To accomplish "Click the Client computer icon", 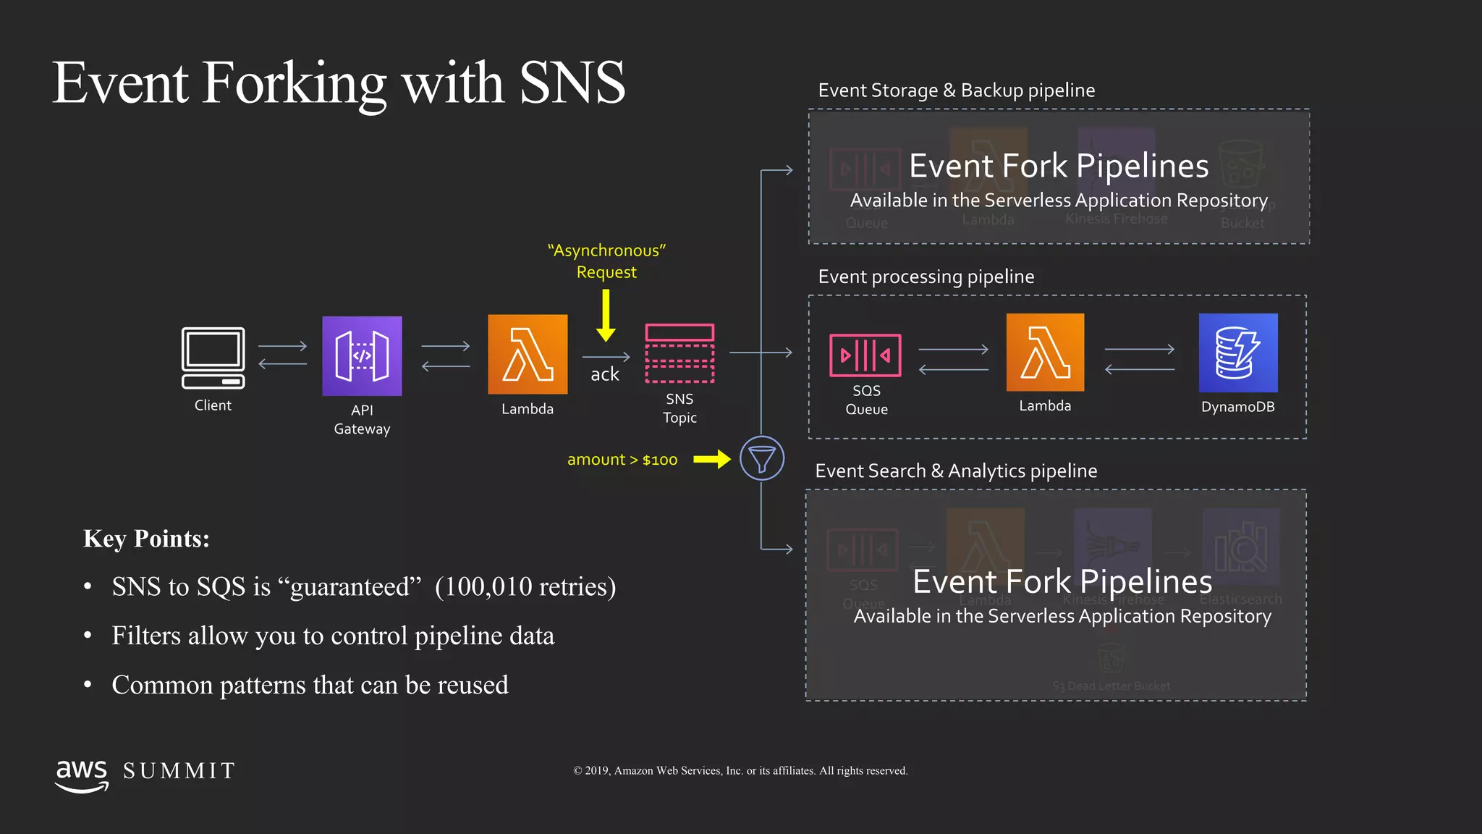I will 213,358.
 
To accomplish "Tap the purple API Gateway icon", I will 362,356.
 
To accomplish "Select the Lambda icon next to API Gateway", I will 528,354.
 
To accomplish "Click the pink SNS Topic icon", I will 679,353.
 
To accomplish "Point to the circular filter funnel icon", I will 762,458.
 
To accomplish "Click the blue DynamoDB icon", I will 1238,353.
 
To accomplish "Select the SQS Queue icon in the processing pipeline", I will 865,355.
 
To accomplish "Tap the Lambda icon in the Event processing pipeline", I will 1045,353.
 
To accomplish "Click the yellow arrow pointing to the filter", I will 712,459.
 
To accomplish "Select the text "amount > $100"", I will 622,460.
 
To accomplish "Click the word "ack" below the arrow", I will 605,374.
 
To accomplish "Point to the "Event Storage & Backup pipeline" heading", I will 956,90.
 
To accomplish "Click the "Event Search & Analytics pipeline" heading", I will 956,471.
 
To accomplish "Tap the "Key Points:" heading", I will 146,539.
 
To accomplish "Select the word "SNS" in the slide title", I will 572,83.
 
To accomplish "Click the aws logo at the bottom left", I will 82,775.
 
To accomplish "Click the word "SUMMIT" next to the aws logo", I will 179,771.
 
